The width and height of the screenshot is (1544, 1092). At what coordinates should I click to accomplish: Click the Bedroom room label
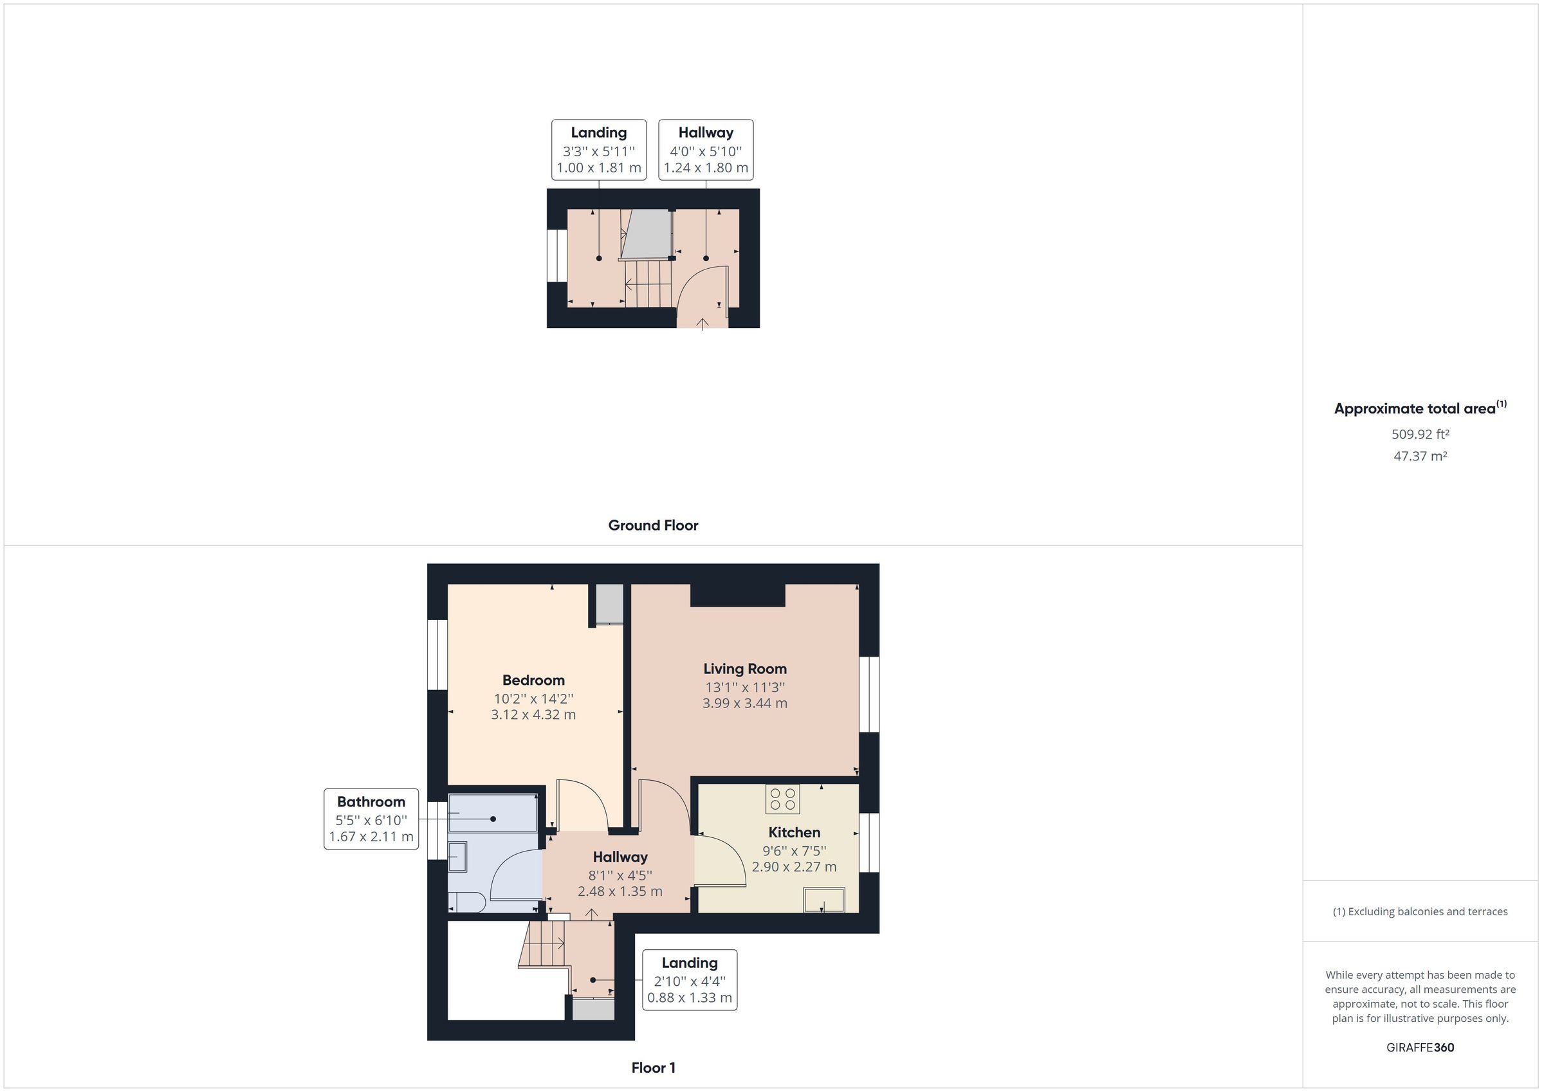click(x=533, y=680)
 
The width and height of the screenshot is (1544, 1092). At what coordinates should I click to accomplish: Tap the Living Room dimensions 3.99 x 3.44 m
click(x=744, y=704)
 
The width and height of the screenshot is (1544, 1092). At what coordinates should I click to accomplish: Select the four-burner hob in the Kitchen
click(x=782, y=799)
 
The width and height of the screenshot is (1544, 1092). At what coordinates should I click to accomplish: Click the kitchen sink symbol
click(x=823, y=900)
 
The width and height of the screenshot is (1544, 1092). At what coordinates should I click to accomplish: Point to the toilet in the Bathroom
click(x=467, y=902)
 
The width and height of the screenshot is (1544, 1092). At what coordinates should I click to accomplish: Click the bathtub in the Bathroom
click(x=493, y=814)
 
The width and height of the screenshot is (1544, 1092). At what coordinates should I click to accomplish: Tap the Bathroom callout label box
click(x=371, y=819)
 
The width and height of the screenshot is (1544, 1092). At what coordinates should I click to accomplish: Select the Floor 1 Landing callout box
click(x=689, y=979)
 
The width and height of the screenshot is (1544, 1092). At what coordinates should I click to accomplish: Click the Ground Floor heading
click(x=653, y=525)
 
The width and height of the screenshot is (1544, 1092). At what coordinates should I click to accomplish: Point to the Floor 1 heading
click(x=653, y=1068)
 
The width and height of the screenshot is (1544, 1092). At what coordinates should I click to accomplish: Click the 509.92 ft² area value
click(x=1420, y=434)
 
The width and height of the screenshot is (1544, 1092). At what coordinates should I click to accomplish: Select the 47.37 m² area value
click(x=1420, y=456)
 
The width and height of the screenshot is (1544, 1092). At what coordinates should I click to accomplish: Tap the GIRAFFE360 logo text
click(x=1420, y=1047)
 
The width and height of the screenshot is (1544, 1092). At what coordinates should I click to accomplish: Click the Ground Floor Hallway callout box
click(x=706, y=150)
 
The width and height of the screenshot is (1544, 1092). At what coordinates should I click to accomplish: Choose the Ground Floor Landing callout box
click(x=598, y=150)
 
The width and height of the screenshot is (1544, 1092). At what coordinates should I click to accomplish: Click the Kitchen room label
click(x=794, y=832)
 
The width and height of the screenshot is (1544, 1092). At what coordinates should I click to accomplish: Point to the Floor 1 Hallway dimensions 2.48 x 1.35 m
click(x=620, y=891)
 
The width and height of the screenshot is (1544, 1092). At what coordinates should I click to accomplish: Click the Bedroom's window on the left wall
click(x=437, y=654)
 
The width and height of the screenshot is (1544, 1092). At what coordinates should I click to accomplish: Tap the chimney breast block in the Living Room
click(x=738, y=595)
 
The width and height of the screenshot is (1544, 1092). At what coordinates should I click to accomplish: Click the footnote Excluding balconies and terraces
click(x=1420, y=911)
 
